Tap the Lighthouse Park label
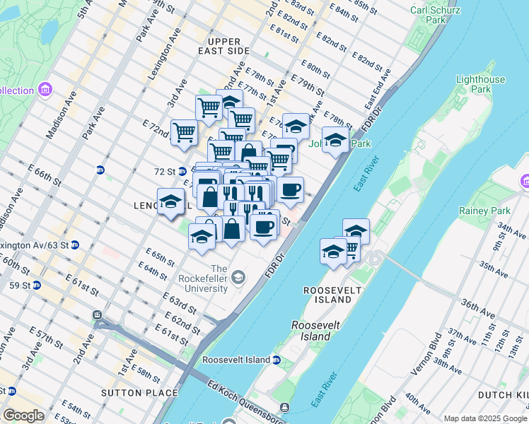[481, 85]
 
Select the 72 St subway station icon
[182, 171]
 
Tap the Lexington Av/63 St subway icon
[74, 245]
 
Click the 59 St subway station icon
[36, 285]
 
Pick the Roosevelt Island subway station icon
[277, 360]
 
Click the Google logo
[23, 416]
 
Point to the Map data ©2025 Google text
[485, 418]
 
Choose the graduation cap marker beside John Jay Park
[335, 139]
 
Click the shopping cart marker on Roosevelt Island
[348, 249]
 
